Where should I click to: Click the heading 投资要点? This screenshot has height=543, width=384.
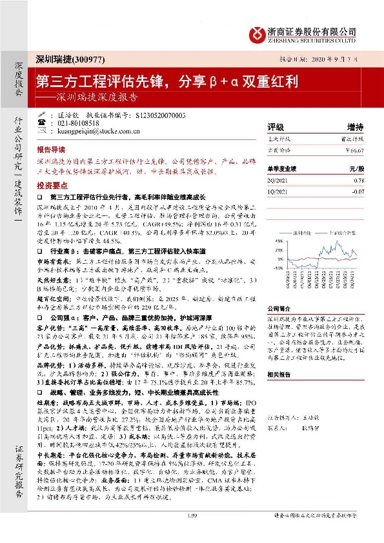55,183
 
